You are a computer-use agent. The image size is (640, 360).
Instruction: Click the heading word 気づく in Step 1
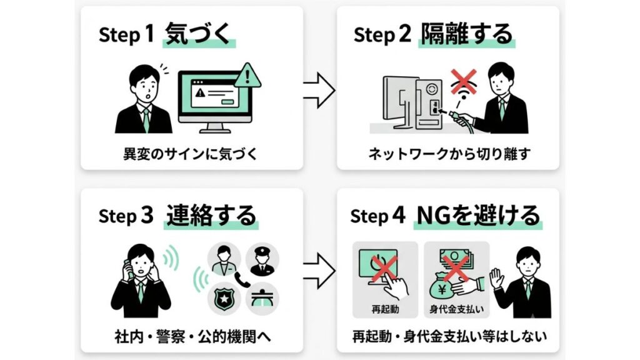[199, 34]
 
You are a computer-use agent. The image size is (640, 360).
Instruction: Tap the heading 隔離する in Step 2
[466, 34]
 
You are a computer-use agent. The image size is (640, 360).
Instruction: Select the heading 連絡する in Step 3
[211, 215]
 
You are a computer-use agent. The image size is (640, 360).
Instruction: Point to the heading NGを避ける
[478, 215]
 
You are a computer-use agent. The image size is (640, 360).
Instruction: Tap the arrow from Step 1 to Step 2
[319, 90]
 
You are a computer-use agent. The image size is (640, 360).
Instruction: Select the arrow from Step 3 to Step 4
[319, 271]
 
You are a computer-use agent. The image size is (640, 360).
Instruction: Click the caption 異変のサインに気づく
[191, 154]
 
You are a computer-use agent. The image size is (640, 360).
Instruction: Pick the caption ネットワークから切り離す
[449, 154]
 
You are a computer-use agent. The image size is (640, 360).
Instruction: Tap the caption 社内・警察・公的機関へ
[193, 337]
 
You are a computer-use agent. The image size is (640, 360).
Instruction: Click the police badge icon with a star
[224, 299]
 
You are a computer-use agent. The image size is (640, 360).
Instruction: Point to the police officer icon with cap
[262, 260]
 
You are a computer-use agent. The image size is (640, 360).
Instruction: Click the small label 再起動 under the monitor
[385, 309]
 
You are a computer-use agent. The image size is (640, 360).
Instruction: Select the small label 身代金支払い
[456, 309]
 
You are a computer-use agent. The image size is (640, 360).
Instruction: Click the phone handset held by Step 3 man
[129, 268]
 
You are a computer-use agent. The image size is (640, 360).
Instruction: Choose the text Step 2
[382, 34]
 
